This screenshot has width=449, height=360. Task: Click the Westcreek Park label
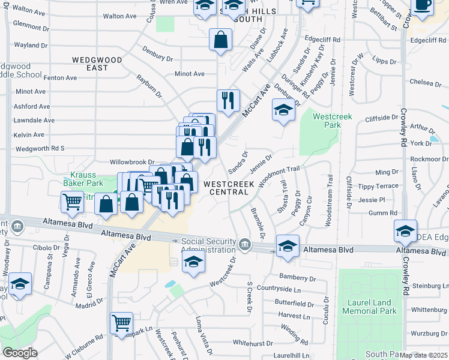[327, 121]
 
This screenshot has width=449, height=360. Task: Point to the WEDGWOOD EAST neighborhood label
[98, 64]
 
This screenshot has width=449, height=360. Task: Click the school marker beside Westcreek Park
[283, 110]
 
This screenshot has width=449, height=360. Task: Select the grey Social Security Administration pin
[245, 244]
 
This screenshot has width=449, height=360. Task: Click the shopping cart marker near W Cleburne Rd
[121, 323]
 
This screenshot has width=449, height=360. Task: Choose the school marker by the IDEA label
[405, 231]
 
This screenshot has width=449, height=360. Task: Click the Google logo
[20, 353]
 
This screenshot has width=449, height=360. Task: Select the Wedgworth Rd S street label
[40, 148]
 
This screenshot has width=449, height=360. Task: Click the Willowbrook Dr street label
[131, 162]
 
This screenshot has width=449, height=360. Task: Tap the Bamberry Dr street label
[297, 278]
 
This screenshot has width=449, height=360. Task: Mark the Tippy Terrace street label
[378, 186]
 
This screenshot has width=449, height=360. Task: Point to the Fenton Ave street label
[60, 78]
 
